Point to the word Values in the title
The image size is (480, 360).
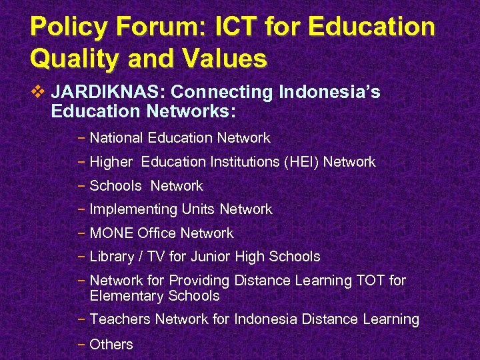(x=225, y=59)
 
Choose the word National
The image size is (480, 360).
(x=117, y=138)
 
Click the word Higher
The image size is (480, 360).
(x=111, y=162)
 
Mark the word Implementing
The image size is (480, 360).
(x=133, y=209)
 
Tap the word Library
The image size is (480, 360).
(x=112, y=257)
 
